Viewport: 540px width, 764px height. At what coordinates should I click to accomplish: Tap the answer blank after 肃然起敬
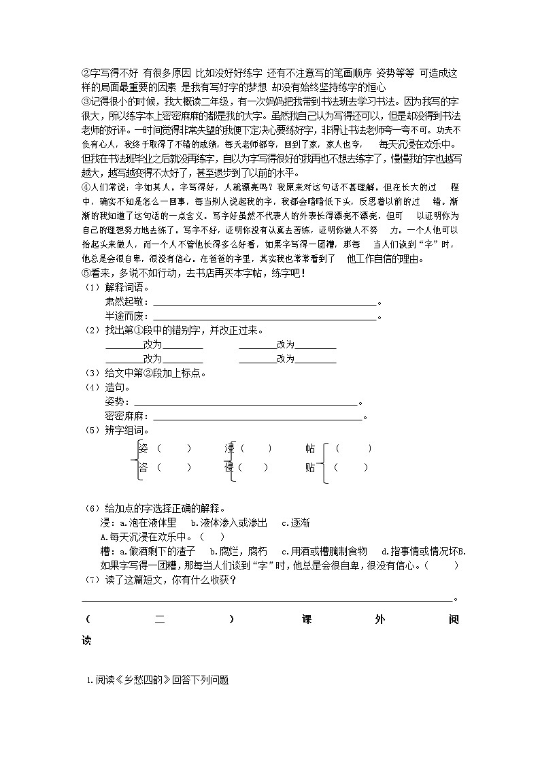coord(265,304)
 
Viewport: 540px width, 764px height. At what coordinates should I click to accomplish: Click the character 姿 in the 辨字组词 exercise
coord(143,448)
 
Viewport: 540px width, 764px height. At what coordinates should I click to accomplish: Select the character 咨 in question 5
coord(143,467)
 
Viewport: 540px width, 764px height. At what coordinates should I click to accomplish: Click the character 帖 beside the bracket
coord(310,448)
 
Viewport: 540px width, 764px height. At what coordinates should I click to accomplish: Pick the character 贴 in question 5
coord(310,467)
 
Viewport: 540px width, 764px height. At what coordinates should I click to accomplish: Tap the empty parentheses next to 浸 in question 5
coord(256,448)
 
